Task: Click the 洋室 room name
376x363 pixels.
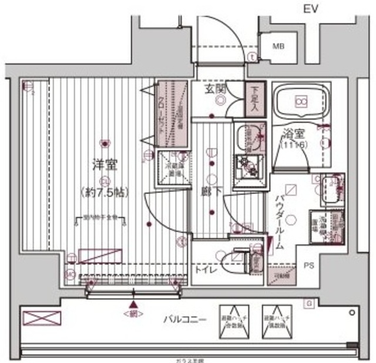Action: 103,164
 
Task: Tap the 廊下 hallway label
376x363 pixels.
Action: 205,192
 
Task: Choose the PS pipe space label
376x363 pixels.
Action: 308,265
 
